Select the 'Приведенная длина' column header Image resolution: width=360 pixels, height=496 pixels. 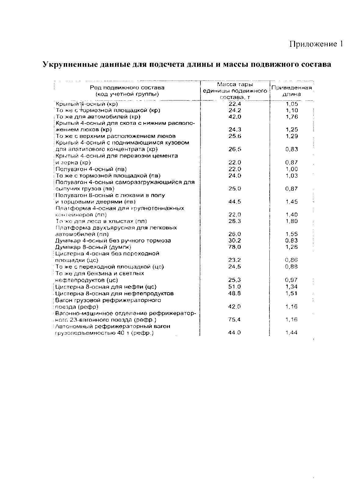tap(291, 91)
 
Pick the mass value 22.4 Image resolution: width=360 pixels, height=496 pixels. tap(235, 104)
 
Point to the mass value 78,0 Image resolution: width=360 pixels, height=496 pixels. tap(235, 247)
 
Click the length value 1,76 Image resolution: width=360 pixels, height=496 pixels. tap(291, 117)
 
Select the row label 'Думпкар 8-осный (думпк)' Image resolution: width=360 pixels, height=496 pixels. tap(93, 247)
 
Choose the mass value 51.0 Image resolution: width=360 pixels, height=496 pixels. tap(235, 287)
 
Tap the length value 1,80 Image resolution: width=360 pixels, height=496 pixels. tap(291, 221)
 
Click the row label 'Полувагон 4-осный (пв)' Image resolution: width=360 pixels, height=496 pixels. tap(91, 169)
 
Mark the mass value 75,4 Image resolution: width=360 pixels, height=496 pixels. tap(235, 320)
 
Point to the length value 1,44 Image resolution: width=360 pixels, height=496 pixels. tap(291, 333)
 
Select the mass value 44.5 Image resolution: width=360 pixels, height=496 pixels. tap(235, 202)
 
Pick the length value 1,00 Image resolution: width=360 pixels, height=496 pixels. tap(291, 169)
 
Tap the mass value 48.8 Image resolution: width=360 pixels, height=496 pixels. tap(235, 293)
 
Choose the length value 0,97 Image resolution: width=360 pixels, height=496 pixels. tap(291, 280)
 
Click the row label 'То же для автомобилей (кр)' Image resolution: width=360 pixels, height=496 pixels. tap(98, 117)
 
